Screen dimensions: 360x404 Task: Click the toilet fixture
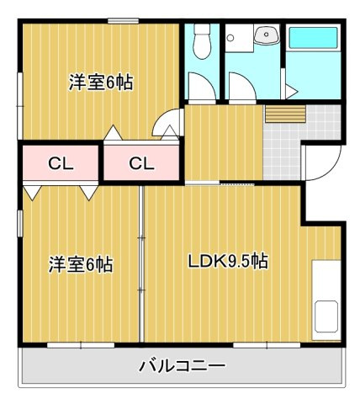tap(202, 41)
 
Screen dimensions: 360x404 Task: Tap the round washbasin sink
tap(267, 35)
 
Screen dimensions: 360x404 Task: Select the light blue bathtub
tap(313, 38)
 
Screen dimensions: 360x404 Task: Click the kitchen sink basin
tap(326, 316)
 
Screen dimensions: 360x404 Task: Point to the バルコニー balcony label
tap(183, 366)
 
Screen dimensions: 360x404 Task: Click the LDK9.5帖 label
tap(228, 261)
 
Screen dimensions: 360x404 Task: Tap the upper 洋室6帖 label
tap(101, 82)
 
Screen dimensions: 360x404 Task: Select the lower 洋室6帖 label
tap(81, 264)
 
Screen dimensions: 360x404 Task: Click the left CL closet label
tap(61, 163)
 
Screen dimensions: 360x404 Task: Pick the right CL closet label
tap(141, 163)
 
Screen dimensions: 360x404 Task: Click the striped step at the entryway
tap(285, 114)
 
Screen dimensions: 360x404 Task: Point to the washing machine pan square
tap(239, 38)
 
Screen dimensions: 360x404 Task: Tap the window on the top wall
tap(124, 21)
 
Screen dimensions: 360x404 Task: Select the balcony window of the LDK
tap(267, 345)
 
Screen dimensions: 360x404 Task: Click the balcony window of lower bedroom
tap(81, 345)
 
